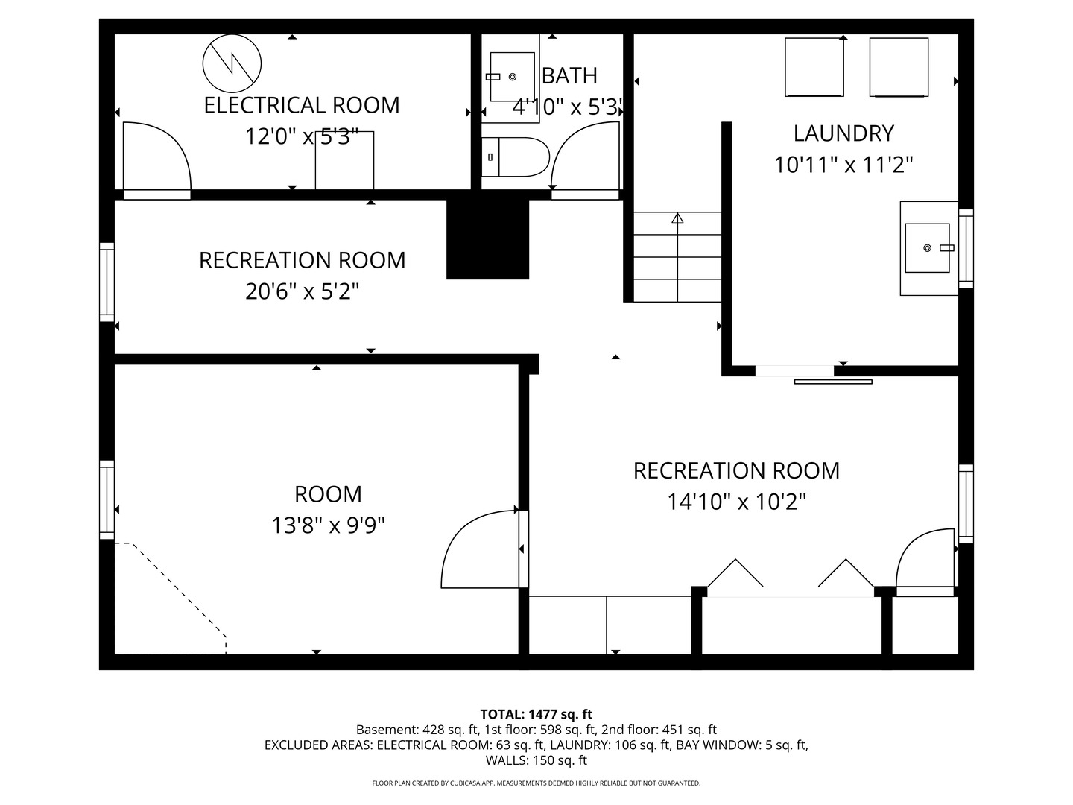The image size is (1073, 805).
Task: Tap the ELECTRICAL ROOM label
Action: pos(301,105)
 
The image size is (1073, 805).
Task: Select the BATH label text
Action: pos(569,75)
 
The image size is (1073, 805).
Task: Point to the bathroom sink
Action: pos(512,77)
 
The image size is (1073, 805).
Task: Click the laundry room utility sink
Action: pos(928,247)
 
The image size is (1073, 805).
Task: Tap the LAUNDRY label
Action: pos(843,133)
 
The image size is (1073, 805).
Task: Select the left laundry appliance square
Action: pos(814,67)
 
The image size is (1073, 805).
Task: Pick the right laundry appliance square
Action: pos(899,67)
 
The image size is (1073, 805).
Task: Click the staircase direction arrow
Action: pos(677,218)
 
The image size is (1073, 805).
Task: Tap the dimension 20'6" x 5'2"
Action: pos(302,291)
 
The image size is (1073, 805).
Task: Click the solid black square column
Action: pos(487,239)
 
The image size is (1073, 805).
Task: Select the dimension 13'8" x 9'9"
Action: pos(328,525)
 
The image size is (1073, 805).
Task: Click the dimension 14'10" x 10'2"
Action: pos(736,502)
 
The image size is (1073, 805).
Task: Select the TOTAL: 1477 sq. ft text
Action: pos(536,714)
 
